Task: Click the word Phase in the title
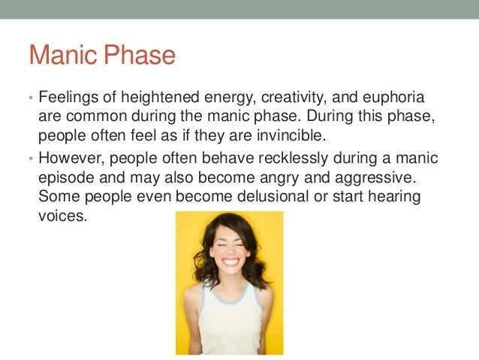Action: pyautogui.click(x=140, y=54)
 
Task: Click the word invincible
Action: pyautogui.click(x=291, y=135)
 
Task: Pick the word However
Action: pyautogui.click(x=71, y=159)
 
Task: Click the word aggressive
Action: pyautogui.click(x=375, y=178)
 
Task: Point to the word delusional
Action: pyautogui.click(x=273, y=196)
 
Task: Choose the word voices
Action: pyautogui.click(x=63, y=216)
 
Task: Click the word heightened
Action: pyautogui.click(x=160, y=98)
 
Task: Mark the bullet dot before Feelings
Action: pyautogui.click(x=31, y=98)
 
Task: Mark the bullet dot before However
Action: pyautogui.click(x=31, y=159)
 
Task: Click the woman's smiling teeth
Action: pyautogui.click(x=230, y=262)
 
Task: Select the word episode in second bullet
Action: pyautogui.click(x=66, y=178)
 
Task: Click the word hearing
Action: pyautogui.click(x=394, y=197)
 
